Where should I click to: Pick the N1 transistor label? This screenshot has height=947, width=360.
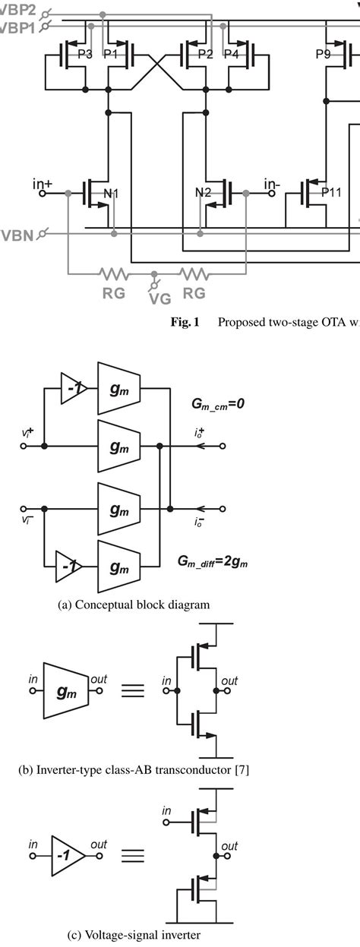112,194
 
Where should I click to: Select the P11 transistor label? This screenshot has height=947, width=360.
331,192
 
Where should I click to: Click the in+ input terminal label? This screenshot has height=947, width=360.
44,184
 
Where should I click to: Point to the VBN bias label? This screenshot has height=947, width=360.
20,233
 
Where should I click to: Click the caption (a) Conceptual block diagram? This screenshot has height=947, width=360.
134,605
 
